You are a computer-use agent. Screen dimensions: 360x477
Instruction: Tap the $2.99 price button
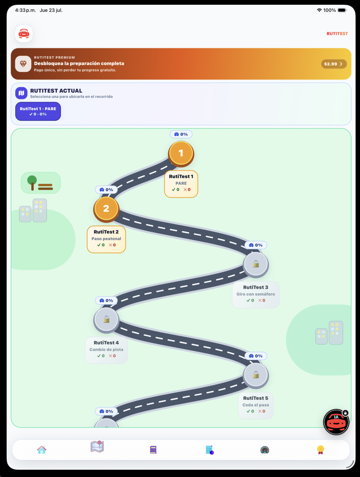tap(334, 64)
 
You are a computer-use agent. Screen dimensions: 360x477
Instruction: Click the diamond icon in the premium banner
tap(23, 64)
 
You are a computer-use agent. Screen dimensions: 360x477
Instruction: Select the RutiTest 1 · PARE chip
tap(38, 111)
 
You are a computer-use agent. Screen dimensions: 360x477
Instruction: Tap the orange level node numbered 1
tap(181, 154)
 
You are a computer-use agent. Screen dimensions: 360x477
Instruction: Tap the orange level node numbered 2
tap(106, 209)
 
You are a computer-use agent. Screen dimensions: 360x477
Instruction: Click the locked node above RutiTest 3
tap(256, 264)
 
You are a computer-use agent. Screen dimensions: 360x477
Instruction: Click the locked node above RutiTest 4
tap(106, 320)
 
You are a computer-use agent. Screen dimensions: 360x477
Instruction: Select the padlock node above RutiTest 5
tap(256, 375)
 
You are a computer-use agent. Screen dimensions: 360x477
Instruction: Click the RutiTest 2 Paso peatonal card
tap(106, 239)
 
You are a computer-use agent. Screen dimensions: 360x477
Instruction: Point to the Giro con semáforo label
tap(256, 294)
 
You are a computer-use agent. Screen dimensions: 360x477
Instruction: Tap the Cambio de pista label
tap(106, 350)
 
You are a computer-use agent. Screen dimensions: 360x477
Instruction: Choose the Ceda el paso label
tap(256, 405)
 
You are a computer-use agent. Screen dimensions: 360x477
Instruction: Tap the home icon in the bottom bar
tap(41, 449)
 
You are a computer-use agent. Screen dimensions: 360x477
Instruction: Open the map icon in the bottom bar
tap(97, 447)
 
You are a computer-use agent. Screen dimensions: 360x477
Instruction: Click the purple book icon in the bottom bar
tap(153, 449)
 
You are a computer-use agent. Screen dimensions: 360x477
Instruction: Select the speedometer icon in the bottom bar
tap(265, 450)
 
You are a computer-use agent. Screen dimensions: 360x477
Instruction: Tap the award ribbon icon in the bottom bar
tap(320, 449)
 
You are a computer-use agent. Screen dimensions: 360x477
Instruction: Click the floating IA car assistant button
tap(336, 422)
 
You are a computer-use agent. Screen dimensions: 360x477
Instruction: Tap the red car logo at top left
tap(24, 34)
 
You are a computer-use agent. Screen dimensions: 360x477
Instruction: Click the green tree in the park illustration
tap(32, 183)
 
